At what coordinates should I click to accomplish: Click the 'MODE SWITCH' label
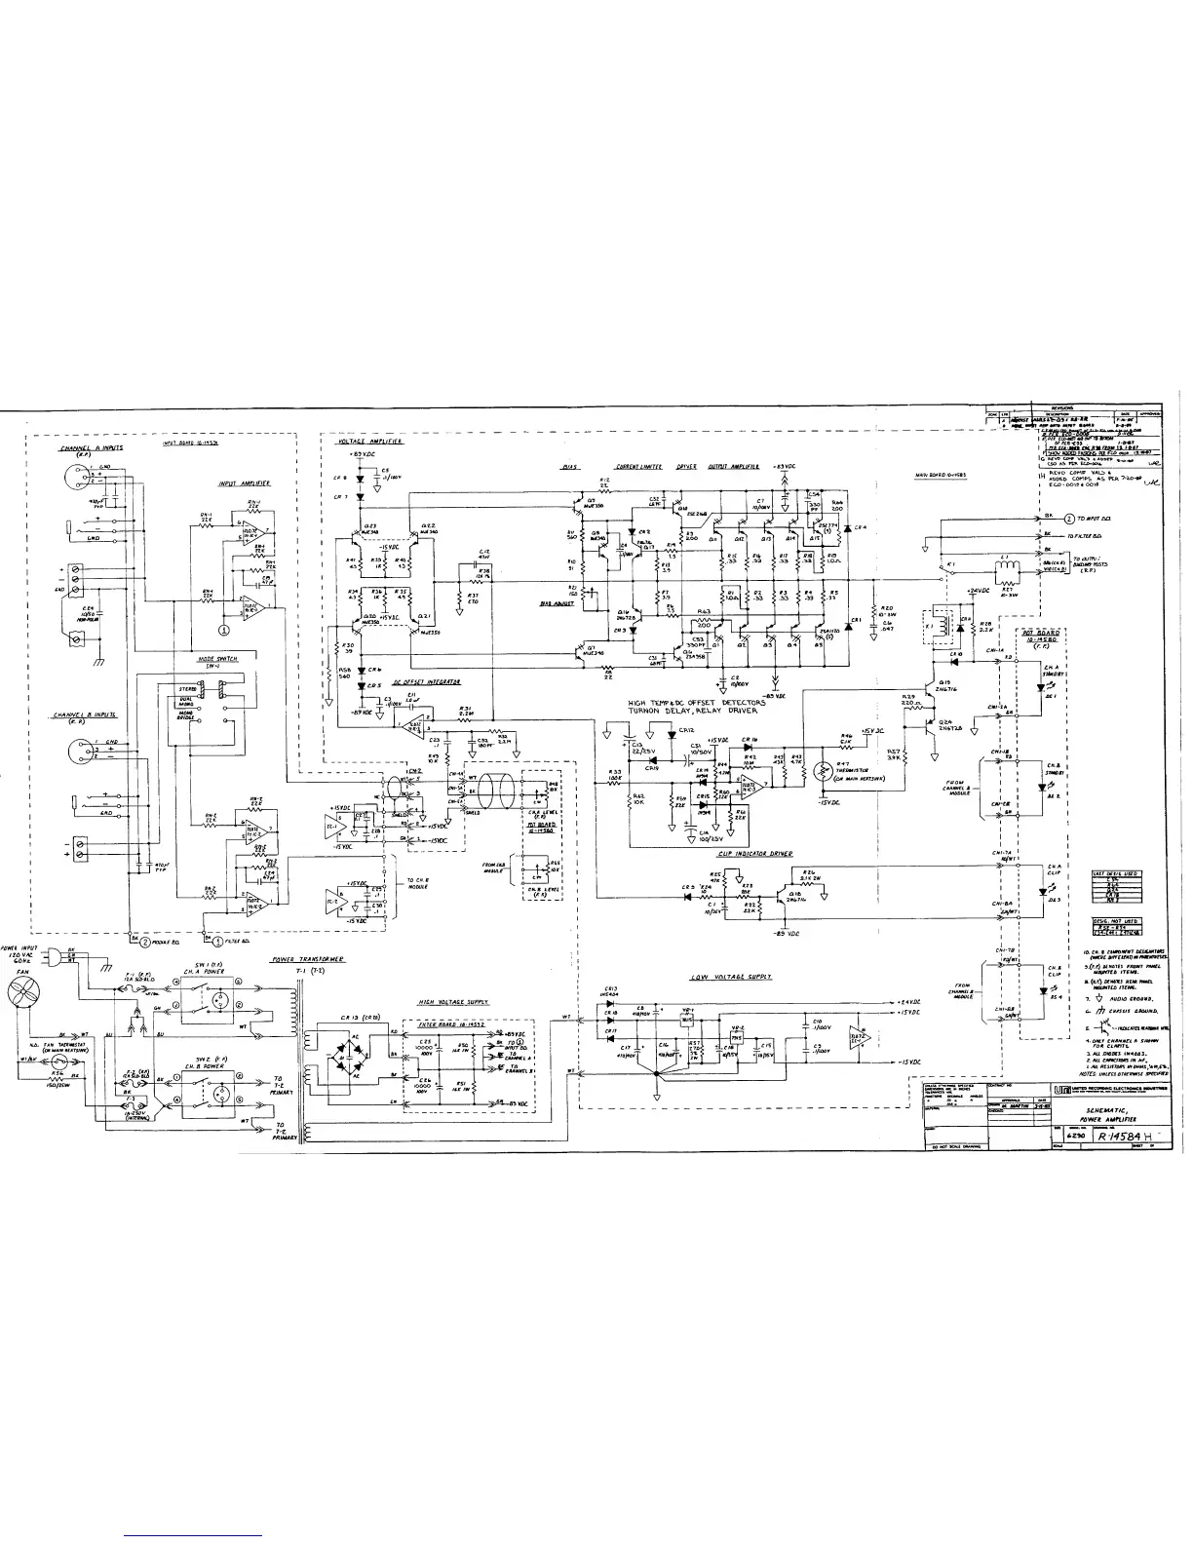[x=217, y=659]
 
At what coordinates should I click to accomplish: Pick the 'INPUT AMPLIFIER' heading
[x=245, y=483]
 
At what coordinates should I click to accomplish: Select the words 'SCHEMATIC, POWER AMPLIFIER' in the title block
[x=1120, y=1115]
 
